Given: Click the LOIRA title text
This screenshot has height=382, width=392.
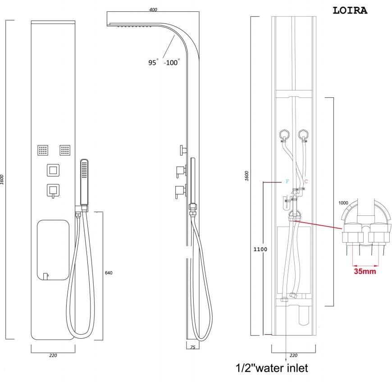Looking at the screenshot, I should point(350,10).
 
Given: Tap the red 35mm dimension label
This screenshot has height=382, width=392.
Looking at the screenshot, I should point(365,271).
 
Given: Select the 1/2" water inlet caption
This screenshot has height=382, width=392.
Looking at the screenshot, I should point(272,368).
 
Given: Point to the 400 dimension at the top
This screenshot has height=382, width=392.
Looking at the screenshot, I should point(153,10).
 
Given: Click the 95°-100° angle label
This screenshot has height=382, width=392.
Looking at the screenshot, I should point(164,63).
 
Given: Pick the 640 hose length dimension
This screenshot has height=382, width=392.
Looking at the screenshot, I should point(108,273).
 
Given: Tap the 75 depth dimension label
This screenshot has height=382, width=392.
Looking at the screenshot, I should point(192,348).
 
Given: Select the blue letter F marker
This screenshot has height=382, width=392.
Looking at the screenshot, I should point(286,181).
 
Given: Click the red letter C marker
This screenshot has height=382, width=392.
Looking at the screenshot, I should point(306,181).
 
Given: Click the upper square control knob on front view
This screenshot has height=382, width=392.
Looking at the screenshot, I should point(53,171).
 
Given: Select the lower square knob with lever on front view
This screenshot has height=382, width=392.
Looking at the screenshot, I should point(53,191).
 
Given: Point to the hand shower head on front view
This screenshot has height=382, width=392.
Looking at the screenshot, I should point(84,180).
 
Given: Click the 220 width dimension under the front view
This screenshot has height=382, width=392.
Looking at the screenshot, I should point(53,355).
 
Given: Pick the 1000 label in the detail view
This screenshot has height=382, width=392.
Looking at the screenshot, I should point(343,203).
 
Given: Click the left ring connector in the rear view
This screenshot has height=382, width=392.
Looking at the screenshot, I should point(283,134).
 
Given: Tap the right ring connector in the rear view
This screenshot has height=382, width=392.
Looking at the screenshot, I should point(303,134).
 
